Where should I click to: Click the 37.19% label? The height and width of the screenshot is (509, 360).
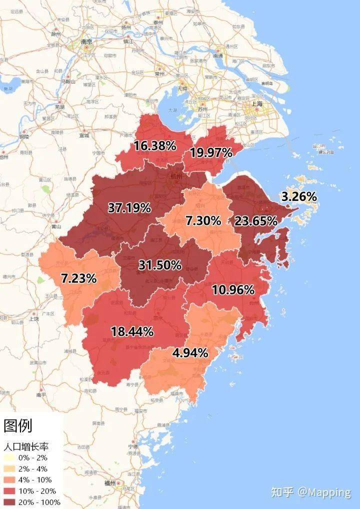pyautogui.click(x=129, y=208)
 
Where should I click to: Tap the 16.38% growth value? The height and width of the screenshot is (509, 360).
pyautogui.click(x=154, y=146)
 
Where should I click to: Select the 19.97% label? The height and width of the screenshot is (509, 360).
pyautogui.click(x=210, y=153)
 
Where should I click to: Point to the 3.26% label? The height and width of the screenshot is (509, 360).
pyautogui.click(x=299, y=197)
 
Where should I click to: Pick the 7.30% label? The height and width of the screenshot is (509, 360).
pyautogui.click(x=203, y=220)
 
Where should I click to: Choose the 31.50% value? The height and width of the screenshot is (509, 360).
pyautogui.click(x=159, y=265)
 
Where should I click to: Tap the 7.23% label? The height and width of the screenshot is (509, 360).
pyautogui.click(x=78, y=278)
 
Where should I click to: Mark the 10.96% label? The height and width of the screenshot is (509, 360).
pyautogui.click(x=233, y=290)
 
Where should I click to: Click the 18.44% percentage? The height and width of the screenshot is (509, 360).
pyautogui.click(x=132, y=330)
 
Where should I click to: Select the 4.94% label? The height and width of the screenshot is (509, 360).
pyautogui.click(x=190, y=353)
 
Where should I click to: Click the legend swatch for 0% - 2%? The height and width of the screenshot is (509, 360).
pyautogui.click(x=9, y=457)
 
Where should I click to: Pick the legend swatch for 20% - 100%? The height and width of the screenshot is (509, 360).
pyautogui.click(x=9, y=501)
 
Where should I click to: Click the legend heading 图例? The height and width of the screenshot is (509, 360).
pyautogui.click(x=18, y=425)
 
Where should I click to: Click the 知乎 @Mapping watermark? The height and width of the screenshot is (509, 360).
pyautogui.click(x=310, y=492)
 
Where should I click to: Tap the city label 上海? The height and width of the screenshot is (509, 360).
pyautogui.click(x=258, y=103)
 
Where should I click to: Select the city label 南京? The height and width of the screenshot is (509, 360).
pyautogui.click(x=86, y=42)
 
